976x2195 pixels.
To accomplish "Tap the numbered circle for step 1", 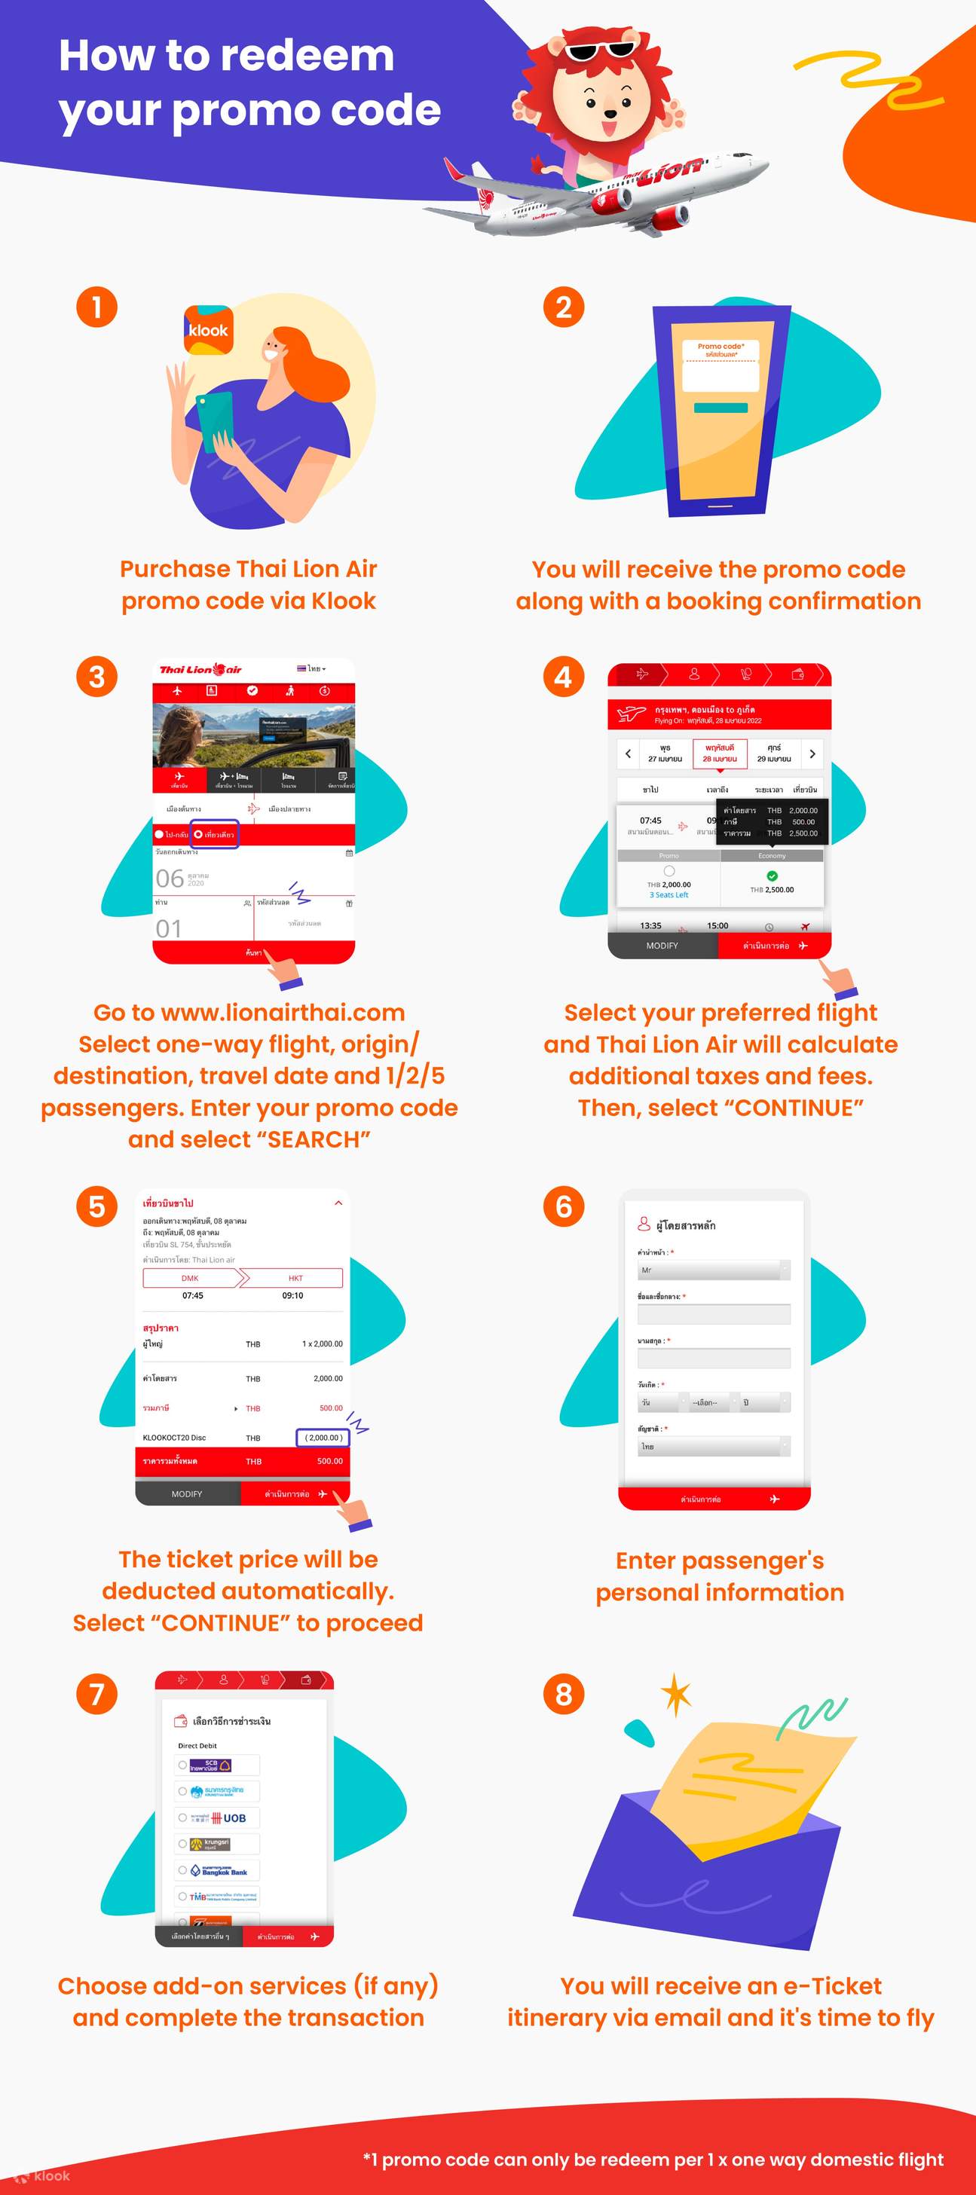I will click(x=97, y=307).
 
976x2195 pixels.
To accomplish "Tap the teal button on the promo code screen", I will click(x=721, y=408).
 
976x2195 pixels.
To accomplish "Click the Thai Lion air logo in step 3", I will click(x=200, y=670).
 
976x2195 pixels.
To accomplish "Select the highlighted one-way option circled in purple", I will click(x=214, y=834).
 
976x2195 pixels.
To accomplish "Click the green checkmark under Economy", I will click(x=772, y=876).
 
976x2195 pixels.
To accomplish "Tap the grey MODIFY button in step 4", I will click(x=662, y=946).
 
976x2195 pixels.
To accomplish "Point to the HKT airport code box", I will click(x=295, y=1278).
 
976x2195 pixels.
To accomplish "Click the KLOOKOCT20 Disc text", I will click(x=175, y=1438).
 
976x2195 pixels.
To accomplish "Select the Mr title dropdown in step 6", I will click(x=714, y=1270).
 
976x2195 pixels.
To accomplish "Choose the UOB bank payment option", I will click(x=217, y=1817).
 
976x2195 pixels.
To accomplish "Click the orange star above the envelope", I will click(x=677, y=1694).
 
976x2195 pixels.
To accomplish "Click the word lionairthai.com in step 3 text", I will click(x=282, y=1013).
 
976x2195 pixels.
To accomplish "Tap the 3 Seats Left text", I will click(x=669, y=894).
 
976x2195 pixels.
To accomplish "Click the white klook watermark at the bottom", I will click(x=44, y=2175).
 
